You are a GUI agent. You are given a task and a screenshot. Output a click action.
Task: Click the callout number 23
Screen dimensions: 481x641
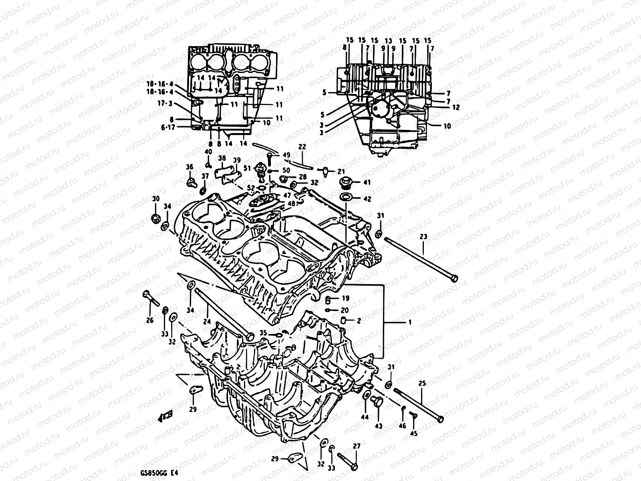point(423,237)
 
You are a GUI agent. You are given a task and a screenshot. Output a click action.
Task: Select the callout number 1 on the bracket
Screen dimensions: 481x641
point(409,322)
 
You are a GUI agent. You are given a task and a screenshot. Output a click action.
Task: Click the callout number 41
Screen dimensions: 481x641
point(367,182)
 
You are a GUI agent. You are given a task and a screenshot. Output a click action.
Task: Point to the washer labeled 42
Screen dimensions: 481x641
point(345,198)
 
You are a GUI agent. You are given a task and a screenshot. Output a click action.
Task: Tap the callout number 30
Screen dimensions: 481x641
point(155,199)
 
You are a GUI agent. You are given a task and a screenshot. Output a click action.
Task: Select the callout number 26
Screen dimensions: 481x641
point(150,320)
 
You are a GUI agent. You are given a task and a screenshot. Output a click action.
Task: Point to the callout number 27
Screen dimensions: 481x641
point(357,446)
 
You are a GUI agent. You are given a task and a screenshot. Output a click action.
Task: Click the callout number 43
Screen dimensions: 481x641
point(378,426)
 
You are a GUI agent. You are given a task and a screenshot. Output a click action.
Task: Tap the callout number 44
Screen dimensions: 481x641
point(365,417)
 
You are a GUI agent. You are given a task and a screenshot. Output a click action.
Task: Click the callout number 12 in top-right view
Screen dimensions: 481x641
point(456,107)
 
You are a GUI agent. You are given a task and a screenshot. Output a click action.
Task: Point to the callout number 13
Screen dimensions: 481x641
point(388,40)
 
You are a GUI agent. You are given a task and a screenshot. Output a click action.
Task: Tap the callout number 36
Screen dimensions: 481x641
point(189,167)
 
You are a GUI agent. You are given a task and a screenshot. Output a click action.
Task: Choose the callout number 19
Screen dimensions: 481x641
point(345,298)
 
